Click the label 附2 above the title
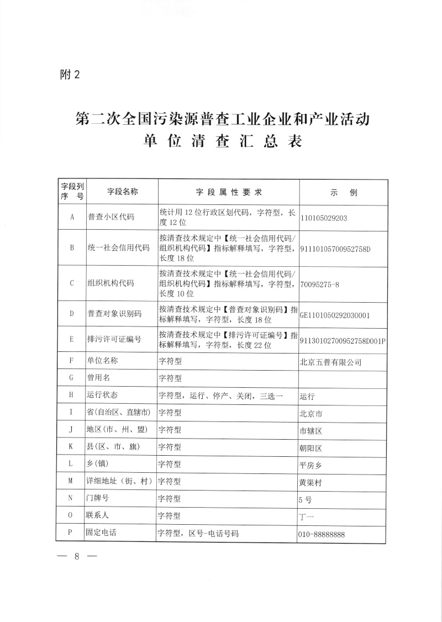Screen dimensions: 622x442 pyautogui.click(x=70, y=76)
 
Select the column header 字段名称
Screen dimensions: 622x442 pyautogui.click(x=122, y=192)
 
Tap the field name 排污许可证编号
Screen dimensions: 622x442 pyautogui.click(x=114, y=339)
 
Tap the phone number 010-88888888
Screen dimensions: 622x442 pyautogui.click(x=326, y=534)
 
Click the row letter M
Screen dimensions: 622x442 pyautogui.click(x=72, y=481)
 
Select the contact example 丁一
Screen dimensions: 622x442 pyautogui.click(x=306, y=516)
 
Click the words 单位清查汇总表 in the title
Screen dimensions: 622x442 pyautogui.click(x=223, y=141)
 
